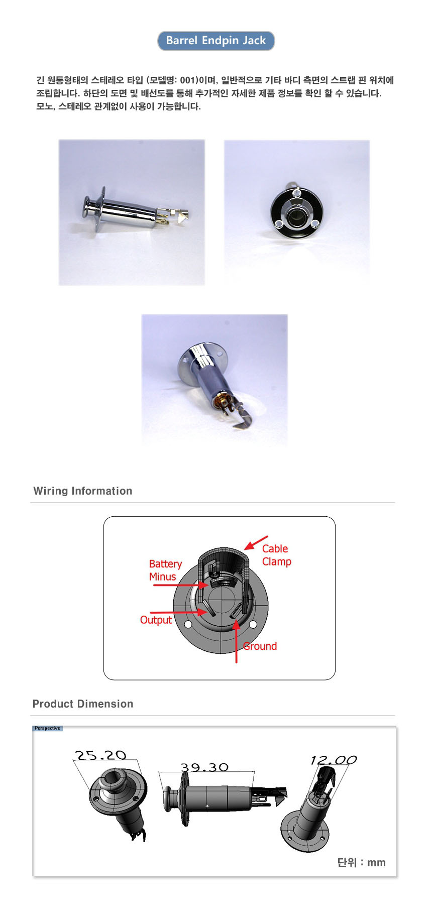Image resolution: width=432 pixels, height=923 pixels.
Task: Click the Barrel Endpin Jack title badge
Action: (x=216, y=41)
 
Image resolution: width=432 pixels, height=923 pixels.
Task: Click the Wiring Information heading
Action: (x=83, y=491)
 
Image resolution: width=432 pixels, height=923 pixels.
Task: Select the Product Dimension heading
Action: (x=83, y=704)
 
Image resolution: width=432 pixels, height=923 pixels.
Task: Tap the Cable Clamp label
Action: (x=276, y=555)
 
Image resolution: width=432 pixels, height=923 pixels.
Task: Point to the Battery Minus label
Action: (x=165, y=570)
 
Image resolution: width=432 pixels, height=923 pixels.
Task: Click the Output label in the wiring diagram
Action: (x=156, y=620)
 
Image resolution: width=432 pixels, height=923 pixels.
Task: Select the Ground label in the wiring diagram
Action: (x=260, y=646)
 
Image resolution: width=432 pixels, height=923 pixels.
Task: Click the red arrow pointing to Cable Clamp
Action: (x=256, y=543)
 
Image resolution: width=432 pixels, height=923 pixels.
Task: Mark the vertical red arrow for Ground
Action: (x=236, y=641)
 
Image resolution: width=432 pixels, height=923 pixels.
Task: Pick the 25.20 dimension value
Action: (x=100, y=755)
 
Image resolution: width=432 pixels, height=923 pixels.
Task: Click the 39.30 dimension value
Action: (x=204, y=767)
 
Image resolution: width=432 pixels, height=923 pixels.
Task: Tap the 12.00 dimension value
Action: (x=334, y=760)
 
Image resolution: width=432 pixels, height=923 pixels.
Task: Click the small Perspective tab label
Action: (x=47, y=728)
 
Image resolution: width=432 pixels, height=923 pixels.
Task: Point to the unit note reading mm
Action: (x=376, y=862)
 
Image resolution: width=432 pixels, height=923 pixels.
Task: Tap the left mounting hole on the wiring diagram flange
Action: (x=188, y=625)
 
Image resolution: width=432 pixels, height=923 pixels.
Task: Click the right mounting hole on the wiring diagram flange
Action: (x=253, y=624)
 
